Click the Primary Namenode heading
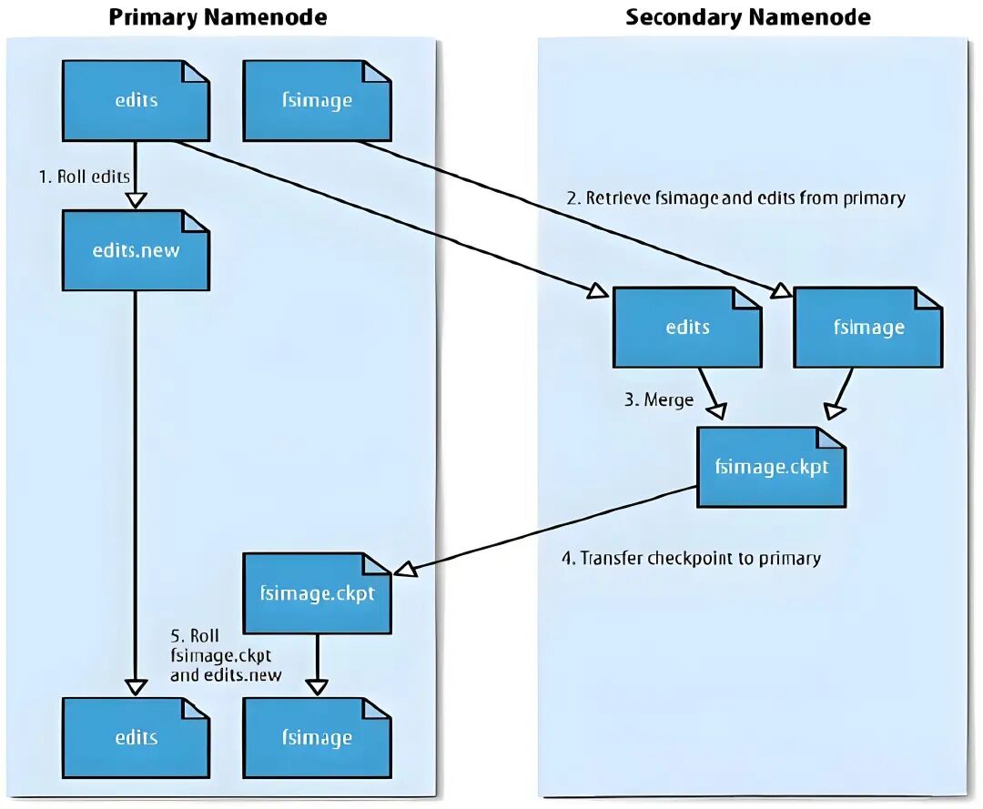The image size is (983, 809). [218, 17]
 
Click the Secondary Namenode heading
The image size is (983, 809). [748, 17]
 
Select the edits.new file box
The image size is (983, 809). [136, 250]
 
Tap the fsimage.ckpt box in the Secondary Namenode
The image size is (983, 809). [771, 467]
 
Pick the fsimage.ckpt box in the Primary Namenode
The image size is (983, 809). [318, 592]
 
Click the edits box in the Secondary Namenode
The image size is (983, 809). [687, 327]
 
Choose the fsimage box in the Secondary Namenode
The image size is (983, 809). [868, 327]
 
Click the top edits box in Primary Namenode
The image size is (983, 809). [136, 100]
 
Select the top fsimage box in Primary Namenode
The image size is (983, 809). [318, 100]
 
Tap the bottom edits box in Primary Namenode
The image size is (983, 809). [136, 737]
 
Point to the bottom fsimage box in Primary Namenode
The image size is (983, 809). [318, 737]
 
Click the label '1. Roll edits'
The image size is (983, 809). [84, 177]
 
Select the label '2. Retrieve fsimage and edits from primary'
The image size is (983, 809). [736, 198]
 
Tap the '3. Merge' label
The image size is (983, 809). [659, 399]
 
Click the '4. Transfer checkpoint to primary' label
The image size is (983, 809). [692, 559]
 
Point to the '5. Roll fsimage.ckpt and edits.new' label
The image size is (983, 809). [226, 655]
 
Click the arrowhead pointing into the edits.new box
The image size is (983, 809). [136, 200]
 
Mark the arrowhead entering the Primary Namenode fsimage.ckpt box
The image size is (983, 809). [405, 569]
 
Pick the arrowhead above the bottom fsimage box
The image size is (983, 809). [318, 687]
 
